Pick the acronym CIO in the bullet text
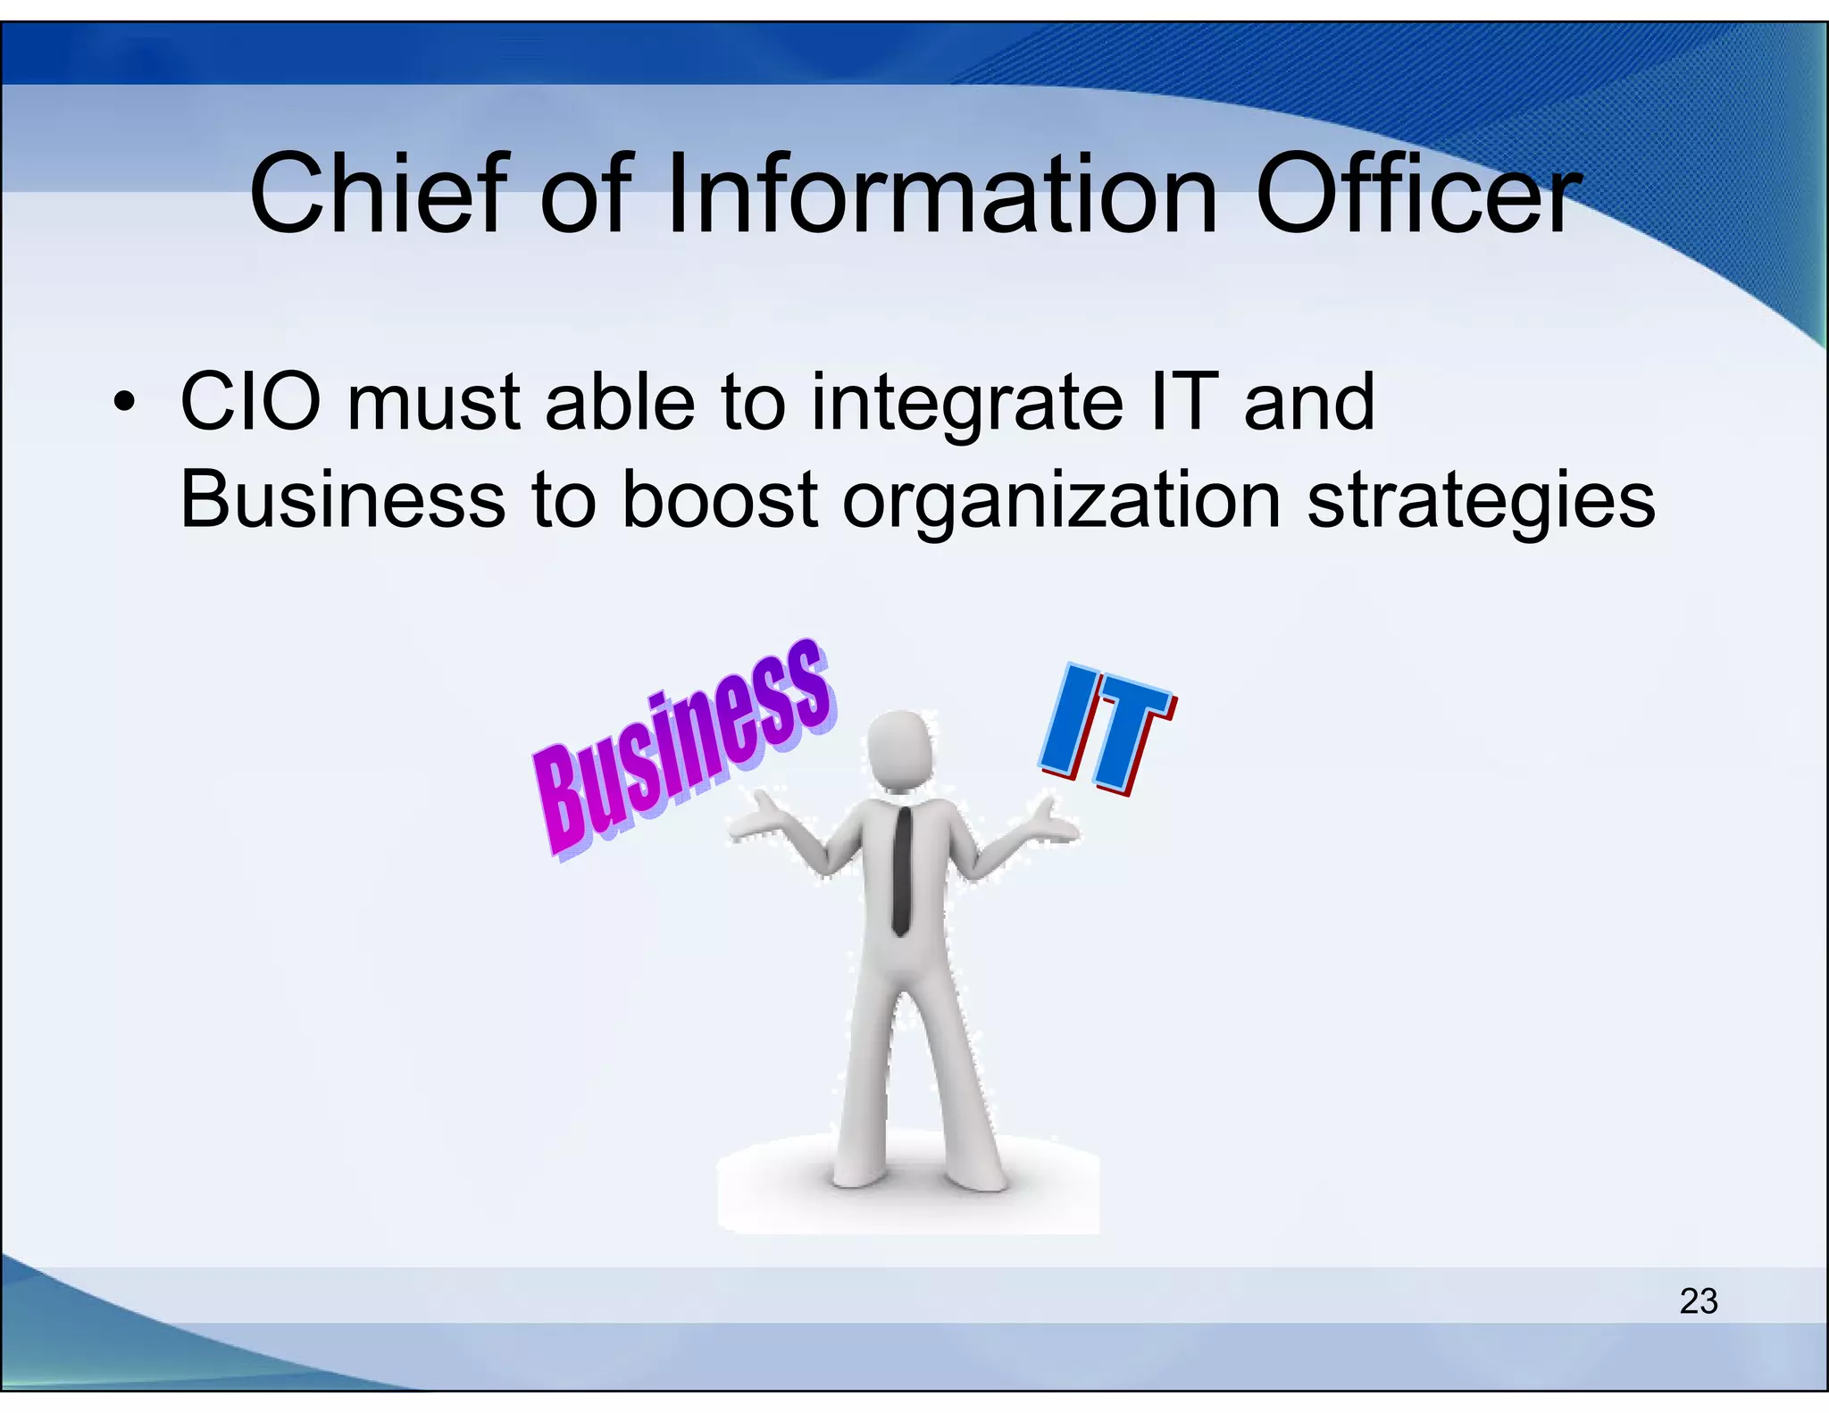250,403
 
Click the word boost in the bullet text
719,500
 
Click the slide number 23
1698,1300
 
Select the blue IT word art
1107,729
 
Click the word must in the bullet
434,405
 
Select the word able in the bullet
620,403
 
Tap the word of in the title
586,193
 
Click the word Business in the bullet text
343,500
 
